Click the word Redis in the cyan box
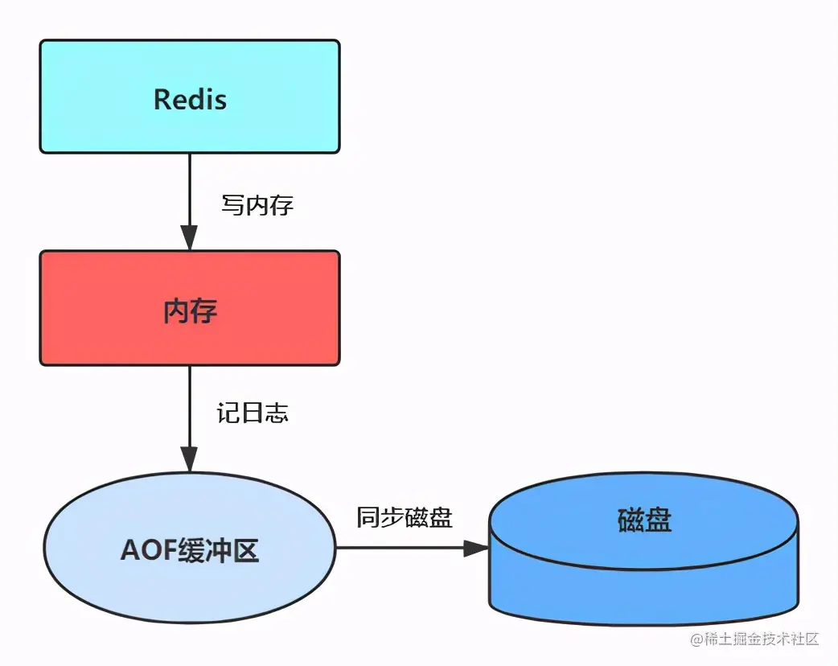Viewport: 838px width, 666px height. coord(190,99)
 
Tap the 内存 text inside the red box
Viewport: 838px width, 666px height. coord(190,310)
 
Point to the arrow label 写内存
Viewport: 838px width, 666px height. coord(257,204)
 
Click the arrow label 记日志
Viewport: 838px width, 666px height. coord(253,413)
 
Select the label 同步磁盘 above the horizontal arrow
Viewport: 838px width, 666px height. coord(405,517)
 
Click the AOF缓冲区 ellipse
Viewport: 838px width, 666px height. coord(190,587)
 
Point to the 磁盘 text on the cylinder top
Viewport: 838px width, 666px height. coord(645,520)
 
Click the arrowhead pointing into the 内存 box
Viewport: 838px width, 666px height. coord(189,237)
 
